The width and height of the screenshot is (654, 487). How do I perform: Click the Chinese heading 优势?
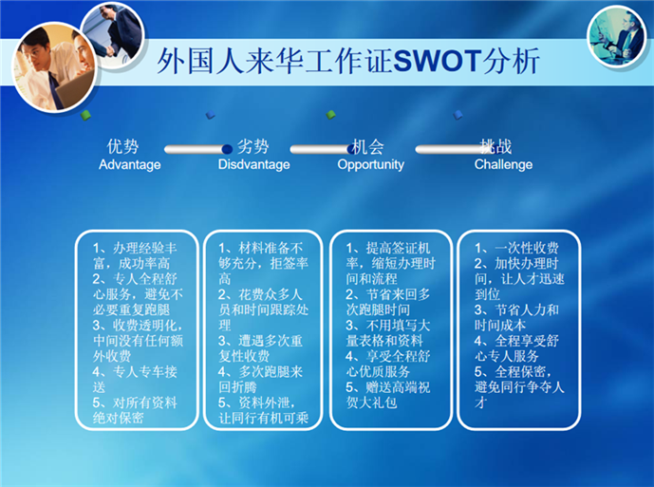pyautogui.click(x=122, y=147)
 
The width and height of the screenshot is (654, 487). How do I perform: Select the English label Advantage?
pyautogui.click(x=130, y=164)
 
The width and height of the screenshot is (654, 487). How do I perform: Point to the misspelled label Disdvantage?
pyautogui.click(x=253, y=164)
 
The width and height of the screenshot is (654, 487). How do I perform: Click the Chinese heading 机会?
pyautogui.click(x=368, y=147)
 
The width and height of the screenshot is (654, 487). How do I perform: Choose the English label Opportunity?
pyautogui.click(x=370, y=164)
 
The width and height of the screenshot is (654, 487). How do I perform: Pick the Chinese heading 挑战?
pyautogui.click(x=495, y=147)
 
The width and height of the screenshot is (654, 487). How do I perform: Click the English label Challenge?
pyautogui.click(x=503, y=164)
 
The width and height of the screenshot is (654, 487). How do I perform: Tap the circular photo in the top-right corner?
pyautogui.click(x=616, y=36)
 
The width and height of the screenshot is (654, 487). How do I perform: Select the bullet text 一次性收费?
pyautogui.click(x=516, y=249)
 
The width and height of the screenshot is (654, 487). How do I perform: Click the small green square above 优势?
pyautogui.click(x=85, y=115)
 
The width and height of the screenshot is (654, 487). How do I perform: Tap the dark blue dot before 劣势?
pyautogui.click(x=227, y=149)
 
